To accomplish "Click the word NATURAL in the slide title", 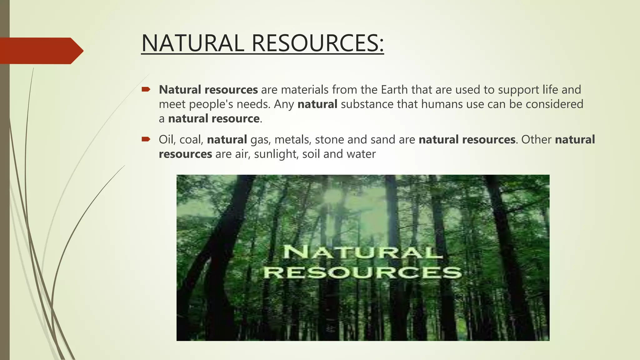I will pyautogui.click(x=192, y=43).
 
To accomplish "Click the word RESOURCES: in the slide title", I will pyautogui.click(x=317, y=43).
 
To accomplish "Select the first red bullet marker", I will pyautogui.click(x=146, y=90).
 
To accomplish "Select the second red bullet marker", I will pyautogui.click(x=146, y=139).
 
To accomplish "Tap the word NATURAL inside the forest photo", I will pyautogui.click(x=362, y=252).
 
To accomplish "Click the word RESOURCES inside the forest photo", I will pyautogui.click(x=362, y=272).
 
